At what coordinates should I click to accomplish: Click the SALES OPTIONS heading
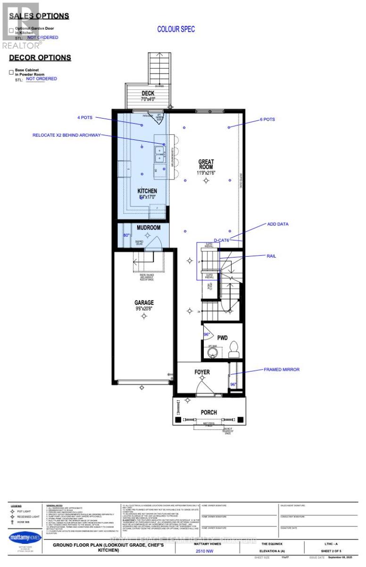point(39,16)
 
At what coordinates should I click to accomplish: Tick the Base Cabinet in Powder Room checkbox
point(11,73)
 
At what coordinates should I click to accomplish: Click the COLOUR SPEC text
point(176,29)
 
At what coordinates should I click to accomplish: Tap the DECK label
point(148,93)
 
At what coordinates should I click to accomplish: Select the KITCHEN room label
point(147,191)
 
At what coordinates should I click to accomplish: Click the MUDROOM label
point(149,227)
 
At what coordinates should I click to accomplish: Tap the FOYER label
point(202,372)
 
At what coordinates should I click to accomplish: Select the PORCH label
point(208,412)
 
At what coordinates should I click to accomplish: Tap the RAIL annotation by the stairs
point(271,256)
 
